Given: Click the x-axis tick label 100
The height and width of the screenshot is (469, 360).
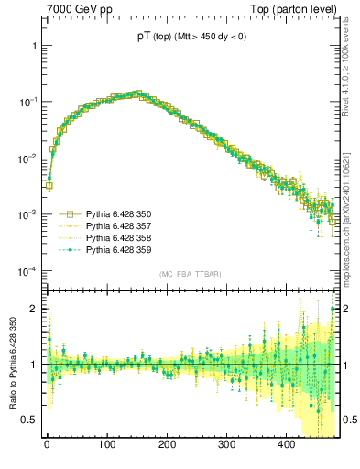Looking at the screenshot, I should pos(106,445).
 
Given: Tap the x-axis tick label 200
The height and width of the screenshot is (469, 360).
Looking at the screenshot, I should pos(167,445).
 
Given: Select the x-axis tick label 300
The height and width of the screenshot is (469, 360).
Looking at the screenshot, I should pos(226,445).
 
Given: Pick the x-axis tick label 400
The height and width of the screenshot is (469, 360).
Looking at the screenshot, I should pos(287,445).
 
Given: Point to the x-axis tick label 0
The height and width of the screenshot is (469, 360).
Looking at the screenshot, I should pos(47,445).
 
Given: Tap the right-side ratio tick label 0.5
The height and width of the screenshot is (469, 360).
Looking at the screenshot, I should pos(349,420).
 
